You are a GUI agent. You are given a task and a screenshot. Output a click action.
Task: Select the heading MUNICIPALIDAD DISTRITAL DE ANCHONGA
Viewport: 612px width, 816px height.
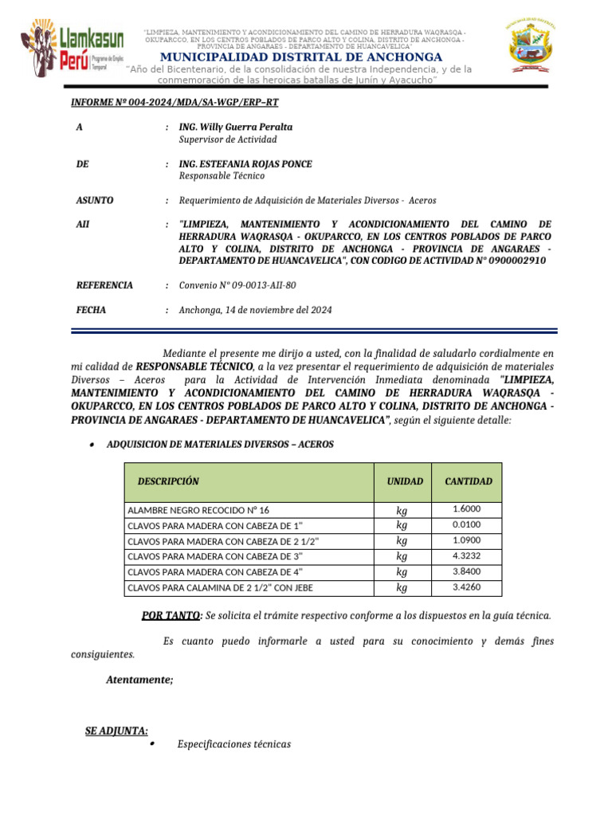pyautogui.click(x=301, y=57)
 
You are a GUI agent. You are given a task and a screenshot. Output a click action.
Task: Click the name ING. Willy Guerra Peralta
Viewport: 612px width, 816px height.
pyautogui.click(x=235, y=127)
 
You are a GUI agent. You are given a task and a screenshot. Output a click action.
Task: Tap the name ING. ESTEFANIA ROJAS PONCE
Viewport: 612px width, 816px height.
pyautogui.click(x=245, y=164)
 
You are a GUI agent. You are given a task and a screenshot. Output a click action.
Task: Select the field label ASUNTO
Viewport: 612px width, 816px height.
pyautogui.click(x=94, y=201)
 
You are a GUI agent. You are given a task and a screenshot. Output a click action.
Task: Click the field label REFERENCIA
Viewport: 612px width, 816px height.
pyautogui.click(x=104, y=284)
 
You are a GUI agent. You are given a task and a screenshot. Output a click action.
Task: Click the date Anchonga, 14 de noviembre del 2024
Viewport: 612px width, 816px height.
pyautogui.click(x=255, y=310)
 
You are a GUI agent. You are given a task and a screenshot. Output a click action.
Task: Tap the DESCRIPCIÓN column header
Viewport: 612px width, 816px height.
pyautogui.click(x=168, y=481)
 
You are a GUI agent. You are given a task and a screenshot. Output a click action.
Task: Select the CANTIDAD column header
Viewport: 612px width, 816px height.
pyautogui.click(x=468, y=481)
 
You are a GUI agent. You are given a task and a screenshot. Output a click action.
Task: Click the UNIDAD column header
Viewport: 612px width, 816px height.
pyautogui.click(x=405, y=481)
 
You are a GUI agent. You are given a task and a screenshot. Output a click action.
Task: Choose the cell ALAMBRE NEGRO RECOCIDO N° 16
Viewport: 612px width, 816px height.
pyautogui.click(x=198, y=510)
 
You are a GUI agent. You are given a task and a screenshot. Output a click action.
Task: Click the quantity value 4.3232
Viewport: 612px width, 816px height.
pyautogui.click(x=466, y=555)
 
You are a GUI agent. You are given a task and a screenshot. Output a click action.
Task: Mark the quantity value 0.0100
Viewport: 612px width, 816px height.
pyautogui.click(x=466, y=525)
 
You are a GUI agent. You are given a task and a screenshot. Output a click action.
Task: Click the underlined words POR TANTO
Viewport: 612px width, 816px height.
pyautogui.click(x=170, y=615)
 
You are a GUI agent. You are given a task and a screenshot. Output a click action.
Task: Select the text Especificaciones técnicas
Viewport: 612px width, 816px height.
pyautogui.click(x=234, y=744)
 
